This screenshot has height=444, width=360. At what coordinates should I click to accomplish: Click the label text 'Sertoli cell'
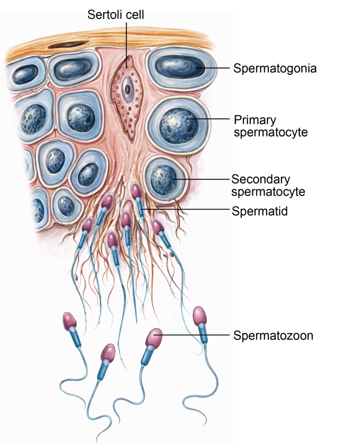pyautogui.click(x=116, y=15)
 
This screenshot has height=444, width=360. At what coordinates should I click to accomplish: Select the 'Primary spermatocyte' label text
pyautogui.click(x=271, y=126)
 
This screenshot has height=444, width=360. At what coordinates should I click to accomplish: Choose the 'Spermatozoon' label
pyautogui.click(x=273, y=335)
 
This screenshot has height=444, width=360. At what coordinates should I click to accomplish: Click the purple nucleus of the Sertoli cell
pyautogui.click(x=128, y=89)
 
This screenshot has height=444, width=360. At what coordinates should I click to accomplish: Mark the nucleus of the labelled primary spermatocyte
pyautogui.click(x=178, y=126)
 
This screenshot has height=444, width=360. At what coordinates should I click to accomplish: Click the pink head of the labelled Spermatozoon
pyautogui.click(x=154, y=338)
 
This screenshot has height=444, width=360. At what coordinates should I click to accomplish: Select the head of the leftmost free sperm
pyautogui.click(x=69, y=321)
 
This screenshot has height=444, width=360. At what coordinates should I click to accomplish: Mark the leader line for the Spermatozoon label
pyautogui.click(x=195, y=335)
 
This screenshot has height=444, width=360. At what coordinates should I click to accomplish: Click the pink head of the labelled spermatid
pyautogui.click(x=136, y=191)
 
